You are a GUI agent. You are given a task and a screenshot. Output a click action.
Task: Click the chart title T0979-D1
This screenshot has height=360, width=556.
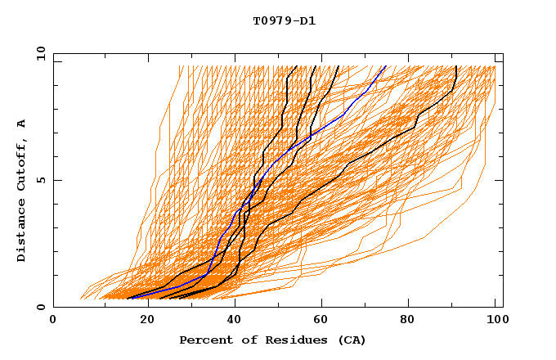point(284,21)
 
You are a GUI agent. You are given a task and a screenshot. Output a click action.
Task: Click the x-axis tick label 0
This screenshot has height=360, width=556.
point(53,321)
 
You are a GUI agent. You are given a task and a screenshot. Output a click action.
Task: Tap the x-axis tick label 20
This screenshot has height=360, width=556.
point(141,321)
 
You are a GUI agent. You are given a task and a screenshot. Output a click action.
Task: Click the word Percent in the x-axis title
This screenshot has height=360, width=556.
point(204,340)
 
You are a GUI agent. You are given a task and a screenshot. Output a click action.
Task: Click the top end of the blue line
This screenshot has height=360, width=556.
point(387,66)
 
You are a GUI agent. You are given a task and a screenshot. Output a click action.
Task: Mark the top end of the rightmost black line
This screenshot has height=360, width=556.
point(455,66)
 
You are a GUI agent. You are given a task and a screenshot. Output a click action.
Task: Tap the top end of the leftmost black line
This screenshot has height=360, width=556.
point(289,66)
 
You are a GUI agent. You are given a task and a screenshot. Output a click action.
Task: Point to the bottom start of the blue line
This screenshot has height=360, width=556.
point(128,299)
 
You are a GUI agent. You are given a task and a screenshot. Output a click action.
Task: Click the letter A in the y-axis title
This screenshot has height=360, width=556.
point(22,124)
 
